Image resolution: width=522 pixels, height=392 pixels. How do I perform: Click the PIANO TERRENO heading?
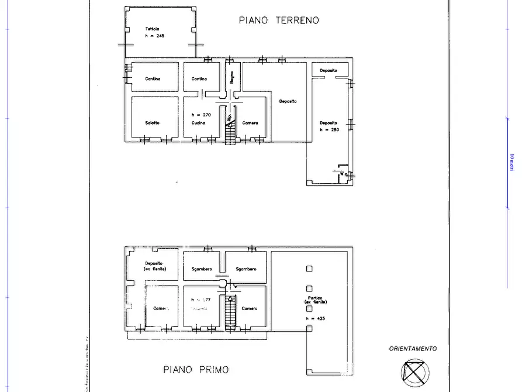pos(279,20)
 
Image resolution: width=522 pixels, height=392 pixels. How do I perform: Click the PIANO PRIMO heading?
pos(195,370)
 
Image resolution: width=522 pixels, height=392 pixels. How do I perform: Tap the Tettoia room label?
pos(153,29)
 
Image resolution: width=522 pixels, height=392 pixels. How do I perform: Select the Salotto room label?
pos(153,123)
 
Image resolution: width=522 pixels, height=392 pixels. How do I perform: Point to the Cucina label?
pos(198,123)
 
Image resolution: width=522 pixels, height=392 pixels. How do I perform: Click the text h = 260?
pos(329,129)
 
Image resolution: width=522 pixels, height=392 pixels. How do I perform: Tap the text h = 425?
pos(315,318)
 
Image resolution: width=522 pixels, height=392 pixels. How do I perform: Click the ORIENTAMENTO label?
pos(413,349)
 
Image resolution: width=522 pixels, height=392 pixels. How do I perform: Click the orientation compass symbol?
pos(414,371)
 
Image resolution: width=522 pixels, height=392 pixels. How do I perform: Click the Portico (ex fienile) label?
pos(316,300)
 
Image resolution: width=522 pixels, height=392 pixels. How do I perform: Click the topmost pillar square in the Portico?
pos(309,269)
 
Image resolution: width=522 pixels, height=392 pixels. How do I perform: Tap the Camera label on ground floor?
pos(250,123)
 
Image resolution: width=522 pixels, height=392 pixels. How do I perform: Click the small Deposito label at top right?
pos(328,70)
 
